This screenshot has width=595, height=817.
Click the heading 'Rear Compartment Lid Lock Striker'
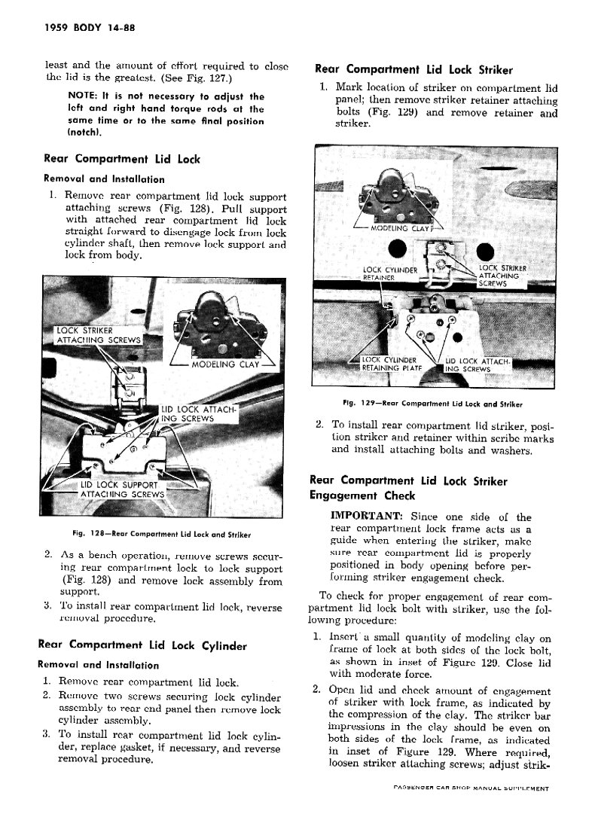413,70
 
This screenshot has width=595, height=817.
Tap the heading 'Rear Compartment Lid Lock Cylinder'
142,645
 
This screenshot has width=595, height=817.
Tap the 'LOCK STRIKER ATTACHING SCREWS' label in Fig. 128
95,336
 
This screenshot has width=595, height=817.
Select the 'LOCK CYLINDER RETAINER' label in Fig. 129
389,273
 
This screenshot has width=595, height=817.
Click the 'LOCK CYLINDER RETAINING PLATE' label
390,364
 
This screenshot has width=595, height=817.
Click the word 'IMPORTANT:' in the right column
365,517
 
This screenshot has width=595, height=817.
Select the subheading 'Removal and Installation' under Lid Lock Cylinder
98,665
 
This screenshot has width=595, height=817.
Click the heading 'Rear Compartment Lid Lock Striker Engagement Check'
407,488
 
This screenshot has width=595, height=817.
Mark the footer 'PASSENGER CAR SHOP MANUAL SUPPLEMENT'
471,788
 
